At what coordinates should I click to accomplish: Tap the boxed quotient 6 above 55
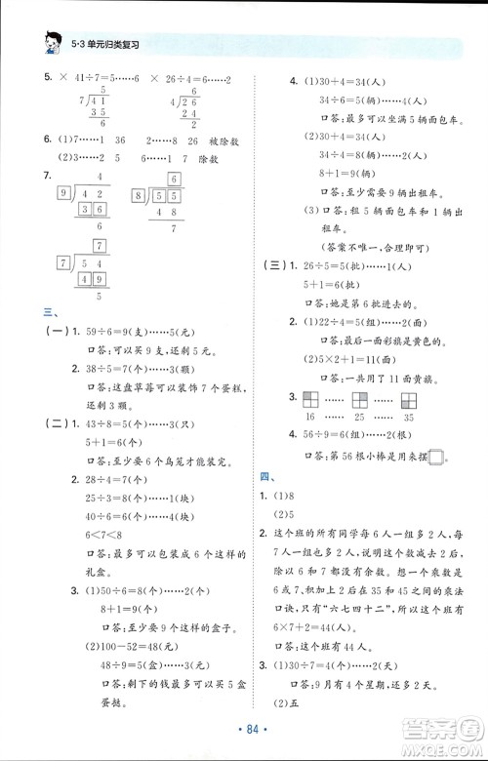[x=173, y=179]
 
